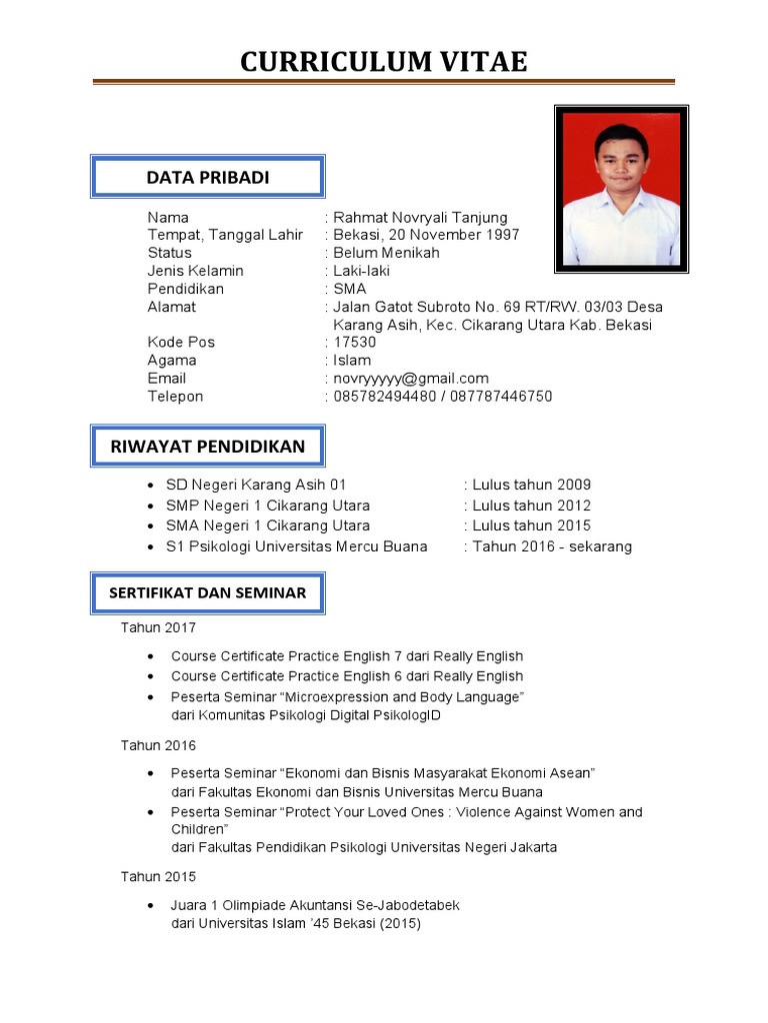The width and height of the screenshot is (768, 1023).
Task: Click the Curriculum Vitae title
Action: coord(383,62)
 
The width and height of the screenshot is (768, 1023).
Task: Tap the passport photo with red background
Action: coord(621,189)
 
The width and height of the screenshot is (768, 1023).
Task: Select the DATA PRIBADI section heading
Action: coord(207,177)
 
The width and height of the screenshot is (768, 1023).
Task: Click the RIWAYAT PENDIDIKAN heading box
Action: coord(207,446)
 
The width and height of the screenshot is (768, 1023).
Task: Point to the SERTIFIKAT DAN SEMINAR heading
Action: coord(207,592)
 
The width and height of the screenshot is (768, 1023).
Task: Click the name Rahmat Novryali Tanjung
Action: coord(420,217)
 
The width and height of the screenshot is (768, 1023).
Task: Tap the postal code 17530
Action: coord(355,342)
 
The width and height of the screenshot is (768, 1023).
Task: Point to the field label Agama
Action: coord(172,360)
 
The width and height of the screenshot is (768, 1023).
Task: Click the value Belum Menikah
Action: coord(386,253)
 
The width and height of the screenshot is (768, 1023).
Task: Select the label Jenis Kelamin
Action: coord(195,271)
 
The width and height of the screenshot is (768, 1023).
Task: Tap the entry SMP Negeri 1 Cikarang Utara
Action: coord(267,506)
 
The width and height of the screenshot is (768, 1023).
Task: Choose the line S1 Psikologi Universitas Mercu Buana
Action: coord(296,546)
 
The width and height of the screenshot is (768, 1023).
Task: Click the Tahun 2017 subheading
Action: coord(159,627)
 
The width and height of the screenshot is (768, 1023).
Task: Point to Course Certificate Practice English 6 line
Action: coord(346,676)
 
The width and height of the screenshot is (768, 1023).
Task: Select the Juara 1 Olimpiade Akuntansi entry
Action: coord(315,905)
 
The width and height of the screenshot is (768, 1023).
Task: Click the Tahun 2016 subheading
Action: coord(159,745)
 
